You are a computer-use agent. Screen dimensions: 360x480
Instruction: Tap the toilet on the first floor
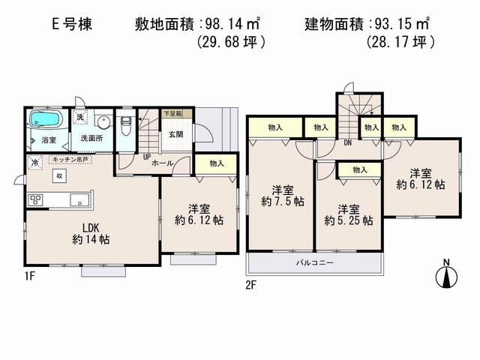pyautogui.click(x=125, y=127)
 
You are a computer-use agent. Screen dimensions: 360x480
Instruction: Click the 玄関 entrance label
pyautogui.click(x=175, y=135)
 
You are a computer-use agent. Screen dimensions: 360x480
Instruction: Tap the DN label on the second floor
pyautogui.click(x=348, y=142)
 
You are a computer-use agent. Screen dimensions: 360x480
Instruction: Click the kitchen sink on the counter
pyautogui.click(x=76, y=201)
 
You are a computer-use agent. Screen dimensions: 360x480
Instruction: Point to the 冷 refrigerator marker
pyautogui.click(x=34, y=161)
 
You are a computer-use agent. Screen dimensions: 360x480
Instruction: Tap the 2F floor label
pyautogui.click(x=252, y=284)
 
